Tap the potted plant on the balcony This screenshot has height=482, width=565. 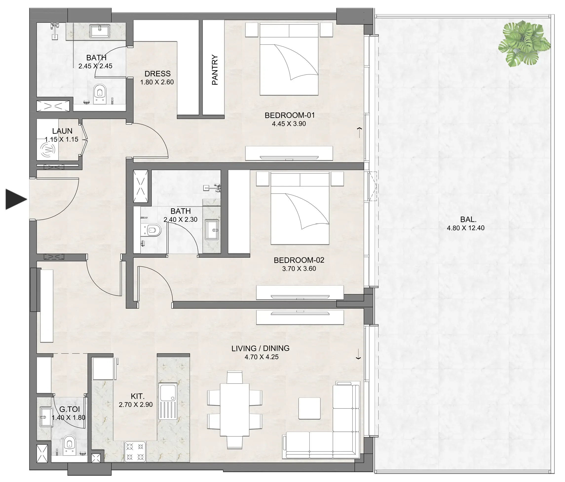(524, 44)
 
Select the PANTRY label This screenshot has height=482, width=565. (215, 70)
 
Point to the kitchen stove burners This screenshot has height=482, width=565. (135, 451)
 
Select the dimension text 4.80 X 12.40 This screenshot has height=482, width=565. (466, 228)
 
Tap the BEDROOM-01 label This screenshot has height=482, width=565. (290, 115)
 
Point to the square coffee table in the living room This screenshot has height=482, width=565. (309, 409)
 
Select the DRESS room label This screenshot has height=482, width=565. (157, 73)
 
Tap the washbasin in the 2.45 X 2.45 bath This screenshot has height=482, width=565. (100, 31)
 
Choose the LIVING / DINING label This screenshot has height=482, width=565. (260, 348)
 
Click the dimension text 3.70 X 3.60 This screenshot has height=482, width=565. (299, 269)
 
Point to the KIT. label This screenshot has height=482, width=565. (137, 396)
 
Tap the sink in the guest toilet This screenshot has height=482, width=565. (46, 417)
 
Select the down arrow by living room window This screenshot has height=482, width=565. (358, 355)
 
